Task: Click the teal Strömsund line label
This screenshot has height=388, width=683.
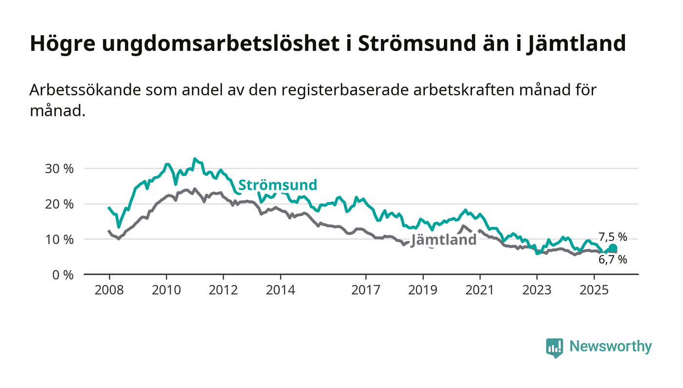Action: (x=278, y=185)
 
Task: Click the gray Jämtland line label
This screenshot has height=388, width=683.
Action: (x=444, y=240)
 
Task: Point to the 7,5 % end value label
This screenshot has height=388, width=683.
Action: (x=613, y=237)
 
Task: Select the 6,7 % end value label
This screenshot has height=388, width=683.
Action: (x=613, y=260)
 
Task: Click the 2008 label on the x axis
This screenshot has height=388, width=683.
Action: (x=109, y=290)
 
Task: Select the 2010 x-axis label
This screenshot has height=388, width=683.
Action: (x=166, y=290)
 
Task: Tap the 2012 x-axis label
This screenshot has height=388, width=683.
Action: (x=223, y=290)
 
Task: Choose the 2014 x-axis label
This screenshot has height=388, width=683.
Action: (x=281, y=290)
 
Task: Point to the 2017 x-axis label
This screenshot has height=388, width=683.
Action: (x=366, y=290)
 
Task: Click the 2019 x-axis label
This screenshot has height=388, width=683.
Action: (x=423, y=290)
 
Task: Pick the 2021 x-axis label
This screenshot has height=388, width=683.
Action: (x=480, y=290)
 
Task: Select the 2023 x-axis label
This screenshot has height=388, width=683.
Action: (x=537, y=290)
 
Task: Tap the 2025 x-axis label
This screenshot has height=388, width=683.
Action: (x=594, y=290)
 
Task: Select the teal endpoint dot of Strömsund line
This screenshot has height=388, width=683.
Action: (x=613, y=248)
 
